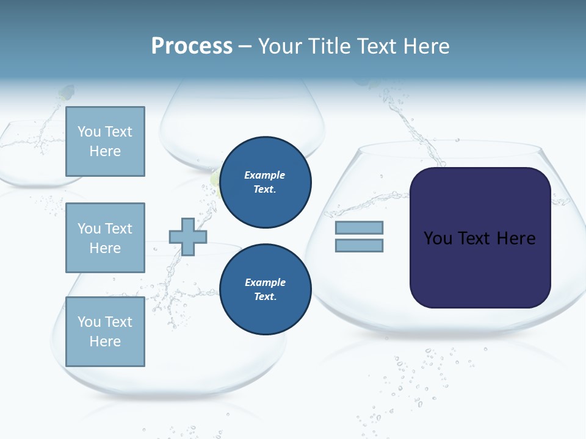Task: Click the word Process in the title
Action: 192,46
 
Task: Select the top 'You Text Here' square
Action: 105,141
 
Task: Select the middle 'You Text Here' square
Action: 105,238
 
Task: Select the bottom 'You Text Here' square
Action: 105,332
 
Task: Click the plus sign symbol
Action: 188,237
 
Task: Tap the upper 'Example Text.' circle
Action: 265,182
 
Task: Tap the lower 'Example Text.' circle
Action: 265,290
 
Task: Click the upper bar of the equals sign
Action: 359,228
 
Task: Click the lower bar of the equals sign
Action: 359,245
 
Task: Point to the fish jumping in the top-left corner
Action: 66,93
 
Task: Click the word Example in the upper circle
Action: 265,175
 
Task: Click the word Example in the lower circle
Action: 265,282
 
